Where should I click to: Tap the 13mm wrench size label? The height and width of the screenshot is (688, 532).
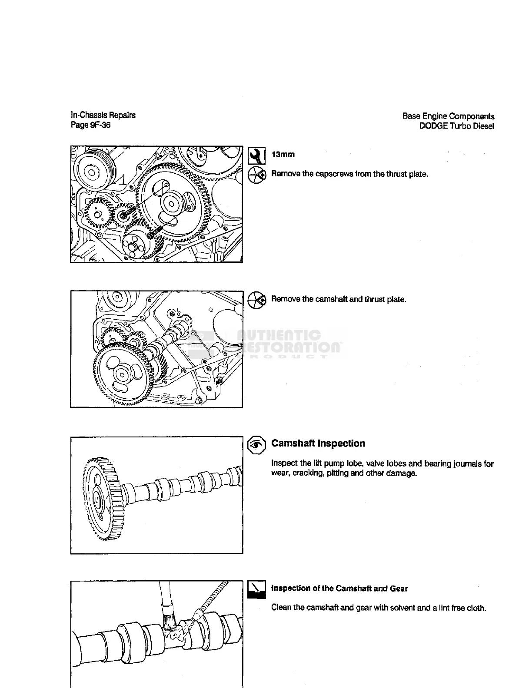[283, 155]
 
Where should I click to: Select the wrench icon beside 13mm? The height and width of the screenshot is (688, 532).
[256, 155]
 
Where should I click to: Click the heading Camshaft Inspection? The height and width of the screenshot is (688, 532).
[318, 443]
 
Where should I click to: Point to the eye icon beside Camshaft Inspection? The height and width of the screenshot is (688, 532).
[256, 444]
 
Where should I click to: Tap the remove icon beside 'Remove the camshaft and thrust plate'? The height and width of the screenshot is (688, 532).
[256, 300]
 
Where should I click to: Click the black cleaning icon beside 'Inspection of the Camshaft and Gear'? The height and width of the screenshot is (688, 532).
[256, 589]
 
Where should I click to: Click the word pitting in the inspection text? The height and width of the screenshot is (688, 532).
[337, 473]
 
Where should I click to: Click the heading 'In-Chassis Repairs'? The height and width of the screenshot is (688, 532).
[103, 115]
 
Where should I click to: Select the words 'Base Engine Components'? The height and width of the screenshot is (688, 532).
[448, 116]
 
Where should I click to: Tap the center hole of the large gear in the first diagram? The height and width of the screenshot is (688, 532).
[171, 204]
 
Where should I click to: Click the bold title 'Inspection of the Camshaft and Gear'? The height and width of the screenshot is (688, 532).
[339, 589]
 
